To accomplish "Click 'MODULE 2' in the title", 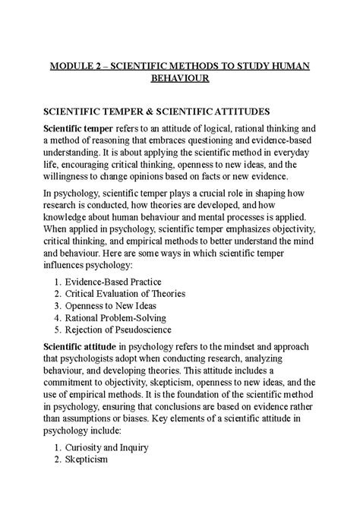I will [x=74, y=65].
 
